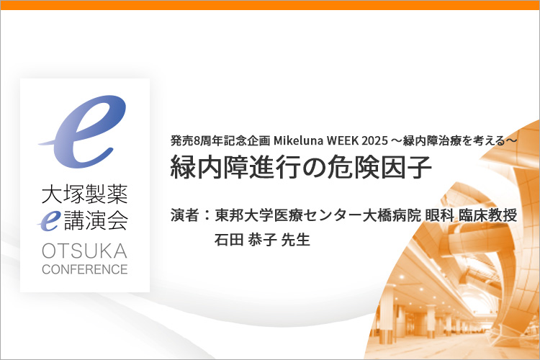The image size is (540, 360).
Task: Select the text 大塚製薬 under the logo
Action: click(x=85, y=194)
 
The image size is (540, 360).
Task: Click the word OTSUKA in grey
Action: click(x=85, y=251)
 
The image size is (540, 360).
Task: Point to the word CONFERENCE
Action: click(x=85, y=269)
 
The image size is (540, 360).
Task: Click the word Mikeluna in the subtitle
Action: click(x=298, y=140)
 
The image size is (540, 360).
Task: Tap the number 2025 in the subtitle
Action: click(x=374, y=140)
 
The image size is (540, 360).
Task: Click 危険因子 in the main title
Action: click(x=380, y=168)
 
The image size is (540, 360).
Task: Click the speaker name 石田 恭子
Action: click(x=246, y=240)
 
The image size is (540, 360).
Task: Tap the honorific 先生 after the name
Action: click(x=296, y=240)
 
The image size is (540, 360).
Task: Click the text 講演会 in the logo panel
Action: click(x=96, y=220)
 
